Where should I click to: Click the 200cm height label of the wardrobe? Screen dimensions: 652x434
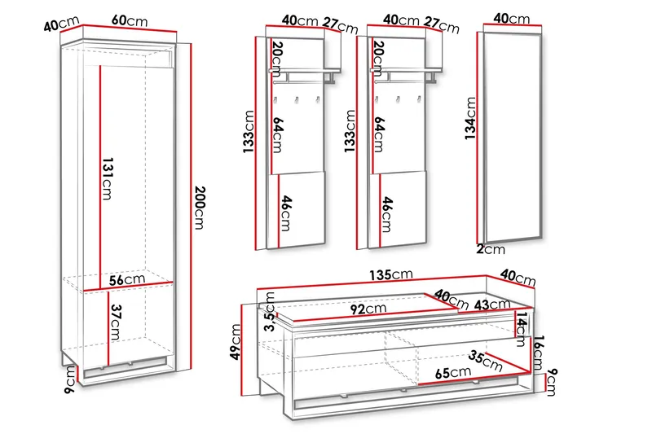tap(200, 208)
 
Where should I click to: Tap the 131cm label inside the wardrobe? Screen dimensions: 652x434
tap(108, 178)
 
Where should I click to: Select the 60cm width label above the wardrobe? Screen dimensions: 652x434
tap(130, 20)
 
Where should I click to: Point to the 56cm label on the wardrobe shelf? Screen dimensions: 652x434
tap(127, 279)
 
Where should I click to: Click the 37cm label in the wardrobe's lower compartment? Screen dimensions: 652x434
tap(116, 322)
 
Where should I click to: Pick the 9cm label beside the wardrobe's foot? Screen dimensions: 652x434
tap(70, 379)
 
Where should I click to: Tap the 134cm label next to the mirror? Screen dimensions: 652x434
tap(470, 118)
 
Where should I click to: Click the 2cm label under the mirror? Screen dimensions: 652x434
tap(491, 249)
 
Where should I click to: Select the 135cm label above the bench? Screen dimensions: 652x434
tap(391, 274)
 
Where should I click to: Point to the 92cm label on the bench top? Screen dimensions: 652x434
tap(368, 309)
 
